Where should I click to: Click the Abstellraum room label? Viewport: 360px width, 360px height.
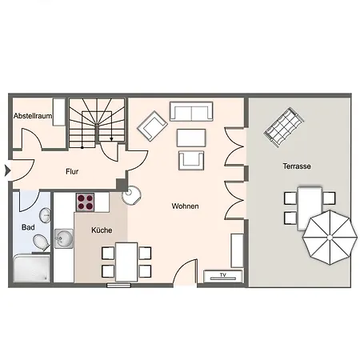click(x=33, y=116)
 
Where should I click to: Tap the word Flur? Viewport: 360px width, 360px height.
click(x=72, y=171)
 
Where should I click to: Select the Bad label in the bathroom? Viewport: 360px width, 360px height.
click(x=28, y=227)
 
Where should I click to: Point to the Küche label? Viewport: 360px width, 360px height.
click(x=102, y=230)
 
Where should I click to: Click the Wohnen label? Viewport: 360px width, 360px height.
click(x=185, y=206)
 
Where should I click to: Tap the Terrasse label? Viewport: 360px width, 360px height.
click(x=297, y=166)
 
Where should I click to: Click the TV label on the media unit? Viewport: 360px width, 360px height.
click(x=223, y=274)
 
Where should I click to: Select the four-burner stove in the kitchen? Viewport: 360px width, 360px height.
click(x=85, y=202)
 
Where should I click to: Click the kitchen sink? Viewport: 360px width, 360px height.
click(x=64, y=238)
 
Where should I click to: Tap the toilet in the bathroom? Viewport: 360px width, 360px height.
click(x=41, y=242)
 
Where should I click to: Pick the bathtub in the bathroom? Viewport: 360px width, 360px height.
click(x=31, y=269)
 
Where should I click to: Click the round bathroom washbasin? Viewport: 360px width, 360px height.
click(x=46, y=215)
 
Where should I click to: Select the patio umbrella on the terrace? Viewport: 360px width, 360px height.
click(x=330, y=238)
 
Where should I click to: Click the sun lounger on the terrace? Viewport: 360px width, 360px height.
click(x=284, y=127)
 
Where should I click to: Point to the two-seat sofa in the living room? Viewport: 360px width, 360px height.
click(x=191, y=111)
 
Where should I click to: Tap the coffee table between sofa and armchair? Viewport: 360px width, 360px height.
click(x=191, y=138)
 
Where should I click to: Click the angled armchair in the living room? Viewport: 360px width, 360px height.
click(x=152, y=126)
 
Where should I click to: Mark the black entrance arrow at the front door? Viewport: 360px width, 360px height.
click(x=7, y=170)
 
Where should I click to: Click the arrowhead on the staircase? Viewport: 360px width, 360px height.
click(x=111, y=139)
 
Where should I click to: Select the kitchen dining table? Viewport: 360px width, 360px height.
click(x=126, y=262)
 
